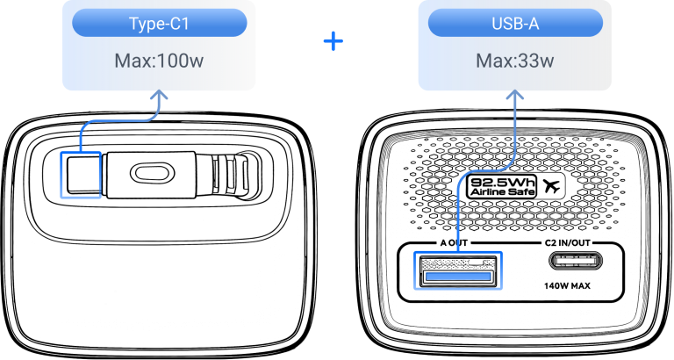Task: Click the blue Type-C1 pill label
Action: [159, 23]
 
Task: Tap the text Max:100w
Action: [159, 61]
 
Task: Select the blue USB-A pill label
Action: [515, 23]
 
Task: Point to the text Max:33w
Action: [515, 61]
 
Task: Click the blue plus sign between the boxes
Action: [333, 41]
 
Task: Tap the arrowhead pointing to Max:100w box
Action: [160, 96]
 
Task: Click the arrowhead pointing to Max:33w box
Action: [515, 96]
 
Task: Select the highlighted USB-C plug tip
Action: [81, 175]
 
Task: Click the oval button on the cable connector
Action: [152, 173]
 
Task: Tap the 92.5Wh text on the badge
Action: [503, 182]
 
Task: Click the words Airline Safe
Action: [503, 191]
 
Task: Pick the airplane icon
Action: [551, 186]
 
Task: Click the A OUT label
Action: [454, 243]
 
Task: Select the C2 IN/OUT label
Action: [568, 243]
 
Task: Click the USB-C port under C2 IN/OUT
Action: [576, 261]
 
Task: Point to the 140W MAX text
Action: [568, 285]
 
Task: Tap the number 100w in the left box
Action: [181, 61]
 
